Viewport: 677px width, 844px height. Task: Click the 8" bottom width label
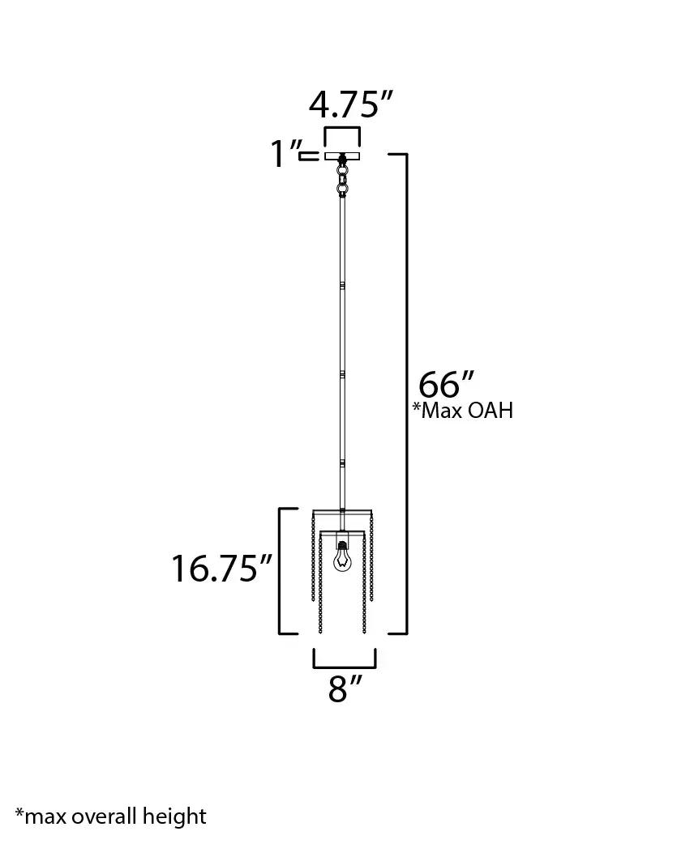[345, 689]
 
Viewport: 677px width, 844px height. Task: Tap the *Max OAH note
[463, 411]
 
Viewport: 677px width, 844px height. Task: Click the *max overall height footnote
[110, 816]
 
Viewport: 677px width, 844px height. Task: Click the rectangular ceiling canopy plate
[343, 156]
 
